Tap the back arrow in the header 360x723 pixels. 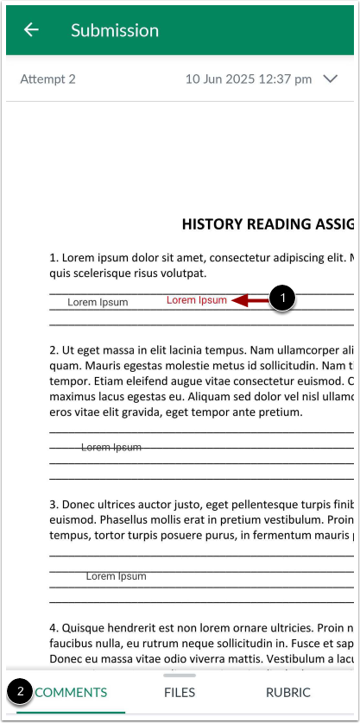click(x=32, y=30)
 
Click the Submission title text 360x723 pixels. click(x=115, y=30)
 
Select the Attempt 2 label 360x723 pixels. click(x=48, y=79)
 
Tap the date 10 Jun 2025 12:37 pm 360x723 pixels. click(x=249, y=79)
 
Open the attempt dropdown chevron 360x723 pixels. click(x=330, y=79)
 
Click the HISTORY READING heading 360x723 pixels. click(x=268, y=224)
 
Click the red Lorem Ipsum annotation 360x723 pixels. click(x=197, y=300)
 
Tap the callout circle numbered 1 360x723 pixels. click(x=283, y=299)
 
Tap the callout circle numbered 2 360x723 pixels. click(x=21, y=692)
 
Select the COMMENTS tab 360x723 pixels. click(x=72, y=692)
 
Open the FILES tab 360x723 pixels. click(x=180, y=692)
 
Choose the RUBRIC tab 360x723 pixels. click(x=288, y=692)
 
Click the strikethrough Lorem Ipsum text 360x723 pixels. click(x=111, y=447)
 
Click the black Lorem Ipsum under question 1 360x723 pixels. click(x=98, y=303)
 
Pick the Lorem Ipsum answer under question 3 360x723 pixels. click(x=116, y=575)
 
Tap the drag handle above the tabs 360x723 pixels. click(x=180, y=675)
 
